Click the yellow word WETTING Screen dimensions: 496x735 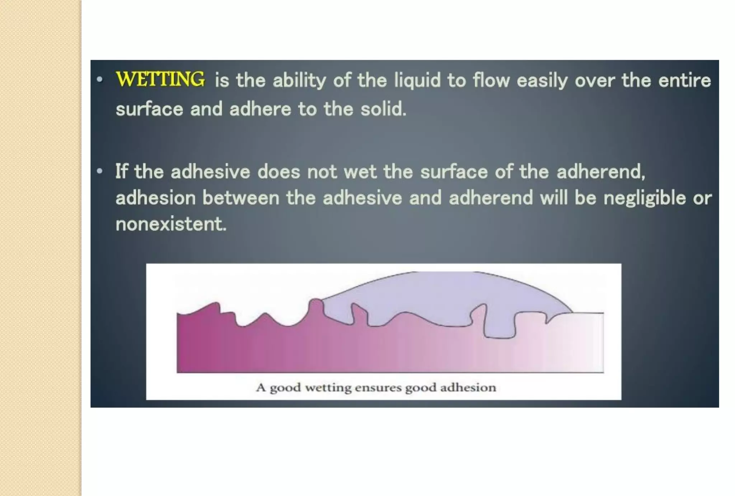[x=160, y=79]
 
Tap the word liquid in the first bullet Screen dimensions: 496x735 [x=417, y=80]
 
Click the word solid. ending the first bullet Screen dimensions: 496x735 [x=383, y=109]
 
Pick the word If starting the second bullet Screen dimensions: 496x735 [x=121, y=171]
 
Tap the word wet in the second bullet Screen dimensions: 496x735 [x=360, y=172]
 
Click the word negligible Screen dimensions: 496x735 [x=645, y=198]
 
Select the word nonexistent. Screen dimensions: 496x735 [x=171, y=224]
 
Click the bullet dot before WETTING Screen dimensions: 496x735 [x=100, y=80]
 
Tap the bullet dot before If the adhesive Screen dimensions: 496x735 [x=100, y=171]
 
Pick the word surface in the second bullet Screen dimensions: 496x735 [x=454, y=172]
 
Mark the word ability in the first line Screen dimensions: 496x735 [x=299, y=80]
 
